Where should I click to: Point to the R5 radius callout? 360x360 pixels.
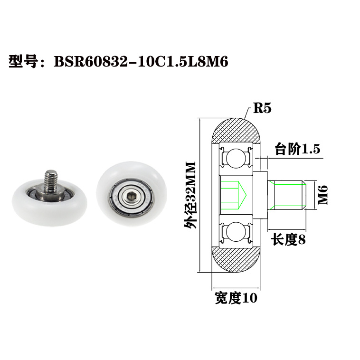click(x=262, y=108)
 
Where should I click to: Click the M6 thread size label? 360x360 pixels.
click(x=323, y=195)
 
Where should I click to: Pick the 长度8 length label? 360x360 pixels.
click(x=288, y=240)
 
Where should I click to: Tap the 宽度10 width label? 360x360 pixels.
click(x=236, y=298)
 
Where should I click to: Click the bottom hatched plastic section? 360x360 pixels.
click(x=236, y=260)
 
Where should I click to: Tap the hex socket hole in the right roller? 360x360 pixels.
click(x=129, y=195)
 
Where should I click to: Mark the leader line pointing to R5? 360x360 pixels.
click(x=247, y=113)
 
